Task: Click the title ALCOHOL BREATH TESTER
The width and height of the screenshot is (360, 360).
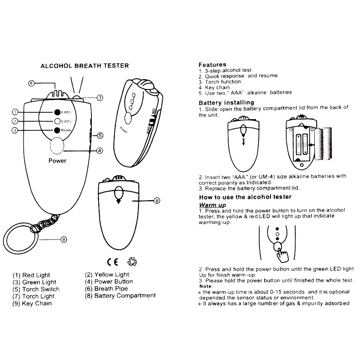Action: click(85, 66)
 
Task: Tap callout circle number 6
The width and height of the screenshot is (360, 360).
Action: click(31, 83)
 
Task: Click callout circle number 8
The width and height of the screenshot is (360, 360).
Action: click(157, 201)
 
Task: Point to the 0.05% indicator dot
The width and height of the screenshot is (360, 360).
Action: click(57, 112)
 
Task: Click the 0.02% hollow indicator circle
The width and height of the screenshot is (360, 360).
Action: click(57, 121)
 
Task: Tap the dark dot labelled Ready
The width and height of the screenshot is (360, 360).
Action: click(57, 130)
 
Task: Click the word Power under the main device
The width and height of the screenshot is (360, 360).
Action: click(58, 161)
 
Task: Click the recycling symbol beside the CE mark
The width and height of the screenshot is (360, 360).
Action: click(132, 261)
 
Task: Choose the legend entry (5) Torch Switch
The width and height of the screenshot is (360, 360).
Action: click(36, 289)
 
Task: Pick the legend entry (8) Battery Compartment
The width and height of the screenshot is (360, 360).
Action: click(120, 296)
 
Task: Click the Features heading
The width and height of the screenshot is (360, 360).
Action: click(212, 65)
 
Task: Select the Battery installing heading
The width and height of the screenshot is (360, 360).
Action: click(226, 103)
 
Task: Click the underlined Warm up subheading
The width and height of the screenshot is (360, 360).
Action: click(212, 205)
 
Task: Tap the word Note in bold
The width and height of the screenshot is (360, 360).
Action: click(206, 286)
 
